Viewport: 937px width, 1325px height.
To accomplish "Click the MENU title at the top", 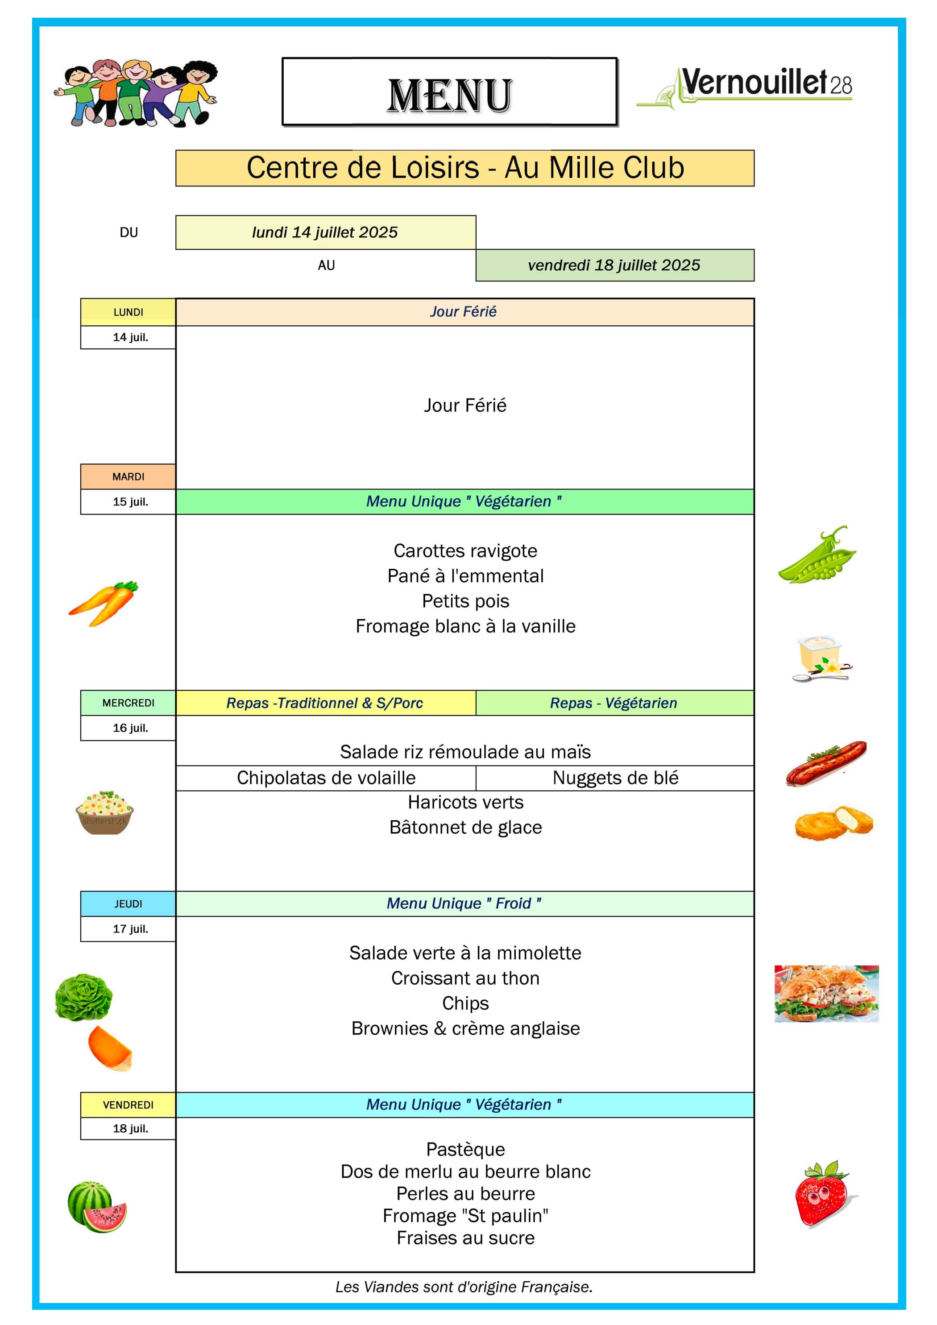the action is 450,95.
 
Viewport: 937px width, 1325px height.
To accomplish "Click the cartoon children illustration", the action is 136,92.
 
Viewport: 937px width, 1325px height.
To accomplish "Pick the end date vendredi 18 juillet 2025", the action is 615,265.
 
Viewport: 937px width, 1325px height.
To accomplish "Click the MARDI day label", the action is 128,476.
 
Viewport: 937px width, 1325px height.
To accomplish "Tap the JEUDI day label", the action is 128,904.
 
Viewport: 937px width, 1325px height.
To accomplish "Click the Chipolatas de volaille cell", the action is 326,778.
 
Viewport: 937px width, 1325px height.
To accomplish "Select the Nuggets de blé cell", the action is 615,778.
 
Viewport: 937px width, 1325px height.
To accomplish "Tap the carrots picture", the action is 104,603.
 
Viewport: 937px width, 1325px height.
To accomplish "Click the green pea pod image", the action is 817,555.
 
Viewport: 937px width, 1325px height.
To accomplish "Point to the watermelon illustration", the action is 97,1207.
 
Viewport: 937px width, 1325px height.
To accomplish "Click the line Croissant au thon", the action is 465,978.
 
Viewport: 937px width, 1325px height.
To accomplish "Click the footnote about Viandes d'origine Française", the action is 464,1287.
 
